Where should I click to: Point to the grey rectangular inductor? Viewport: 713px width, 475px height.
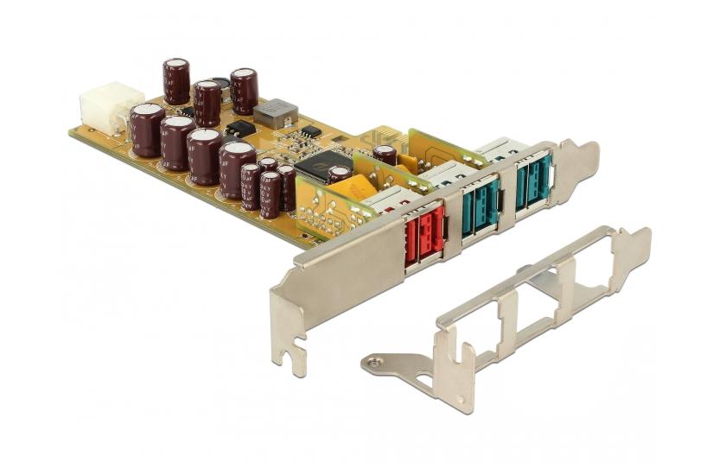coord(276,113)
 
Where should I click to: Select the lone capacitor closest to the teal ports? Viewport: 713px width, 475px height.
coord(385,155)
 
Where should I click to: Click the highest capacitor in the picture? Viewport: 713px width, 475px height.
coord(176,80)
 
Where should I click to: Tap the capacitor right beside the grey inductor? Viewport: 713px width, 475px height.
coord(243,91)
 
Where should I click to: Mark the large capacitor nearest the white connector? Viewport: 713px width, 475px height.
coord(146,129)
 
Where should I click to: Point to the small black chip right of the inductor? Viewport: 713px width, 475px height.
coord(310,131)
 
